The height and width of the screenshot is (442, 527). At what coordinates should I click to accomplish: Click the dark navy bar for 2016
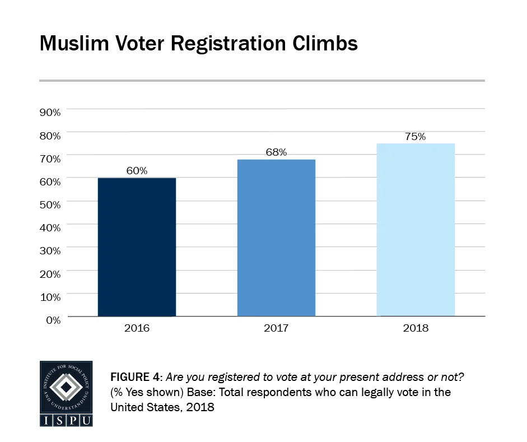(x=137, y=247)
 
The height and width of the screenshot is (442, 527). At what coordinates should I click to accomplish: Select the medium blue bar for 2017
(x=276, y=238)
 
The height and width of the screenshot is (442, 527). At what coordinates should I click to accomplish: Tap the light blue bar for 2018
(x=415, y=230)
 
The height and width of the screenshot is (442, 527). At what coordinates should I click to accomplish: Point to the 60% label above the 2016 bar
(x=137, y=171)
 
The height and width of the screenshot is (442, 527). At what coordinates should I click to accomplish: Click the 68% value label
(x=276, y=152)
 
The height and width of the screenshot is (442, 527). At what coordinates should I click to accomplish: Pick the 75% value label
(x=415, y=136)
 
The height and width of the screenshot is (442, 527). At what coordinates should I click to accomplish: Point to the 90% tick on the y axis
(x=50, y=112)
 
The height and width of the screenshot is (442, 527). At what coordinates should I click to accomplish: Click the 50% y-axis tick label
(x=50, y=204)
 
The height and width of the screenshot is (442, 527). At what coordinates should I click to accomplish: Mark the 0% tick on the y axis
(x=53, y=320)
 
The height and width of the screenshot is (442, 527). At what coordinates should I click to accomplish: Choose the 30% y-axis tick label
(x=50, y=250)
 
